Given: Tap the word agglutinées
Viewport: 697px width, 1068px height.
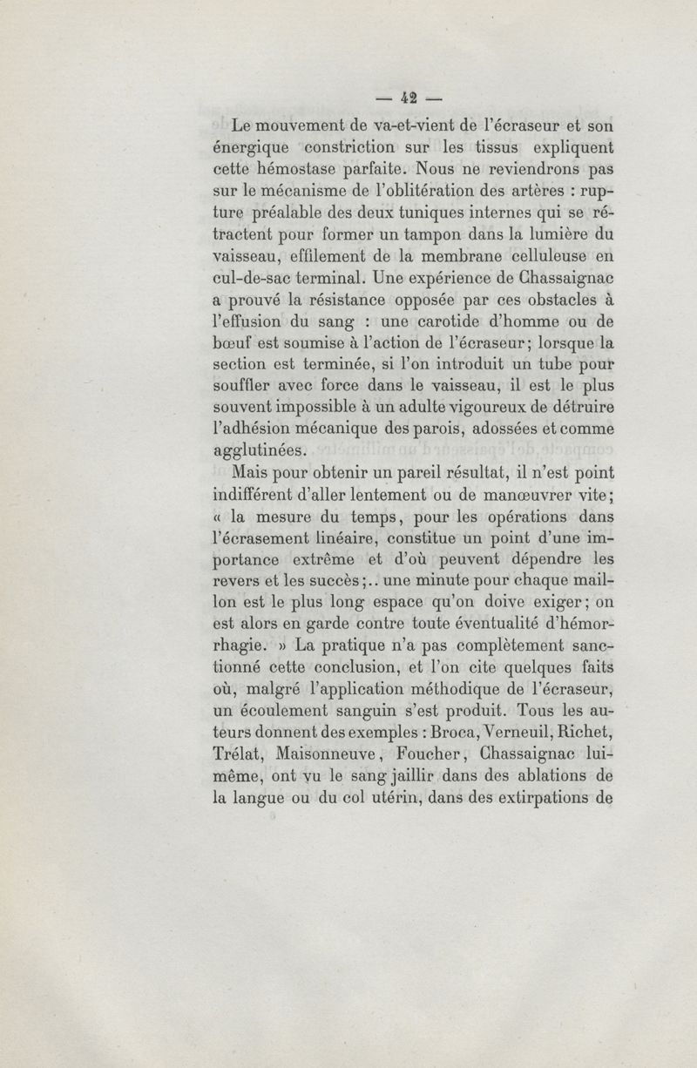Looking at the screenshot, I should [x=261, y=450].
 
